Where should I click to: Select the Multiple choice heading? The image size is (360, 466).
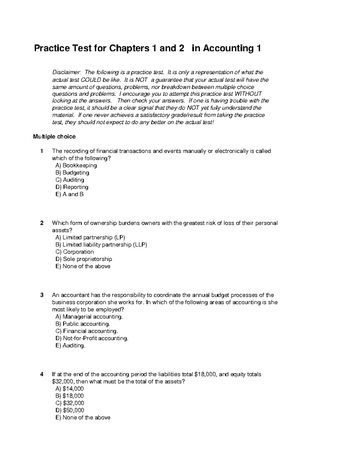pyautogui.click(x=54, y=137)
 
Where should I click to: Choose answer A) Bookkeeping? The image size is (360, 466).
pyautogui.click(x=76, y=165)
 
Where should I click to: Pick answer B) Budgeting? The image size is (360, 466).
pyautogui.click(x=72, y=173)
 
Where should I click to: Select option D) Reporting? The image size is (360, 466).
pyautogui.click(x=72, y=187)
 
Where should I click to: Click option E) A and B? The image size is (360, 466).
pyautogui.click(x=70, y=194)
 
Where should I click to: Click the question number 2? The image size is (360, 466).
pyautogui.click(x=42, y=223)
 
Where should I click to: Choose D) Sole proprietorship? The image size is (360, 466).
pyautogui.click(x=84, y=259)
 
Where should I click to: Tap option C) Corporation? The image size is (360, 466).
pyautogui.click(x=75, y=252)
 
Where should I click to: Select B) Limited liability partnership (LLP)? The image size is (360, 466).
pyautogui.click(x=101, y=245)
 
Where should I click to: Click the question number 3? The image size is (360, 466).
pyautogui.click(x=42, y=295)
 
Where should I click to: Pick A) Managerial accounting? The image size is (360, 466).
pyautogui.click(x=89, y=317)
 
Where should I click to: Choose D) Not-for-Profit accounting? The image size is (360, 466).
pyautogui.click(x=92, y=338)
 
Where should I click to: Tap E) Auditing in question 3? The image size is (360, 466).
pyautogui.click(x=70, y=345)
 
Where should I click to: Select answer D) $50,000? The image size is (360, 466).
pyautogui.click(x=70, y=410)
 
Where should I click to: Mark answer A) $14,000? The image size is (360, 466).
pyautogui.click(x=70, y=389)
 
